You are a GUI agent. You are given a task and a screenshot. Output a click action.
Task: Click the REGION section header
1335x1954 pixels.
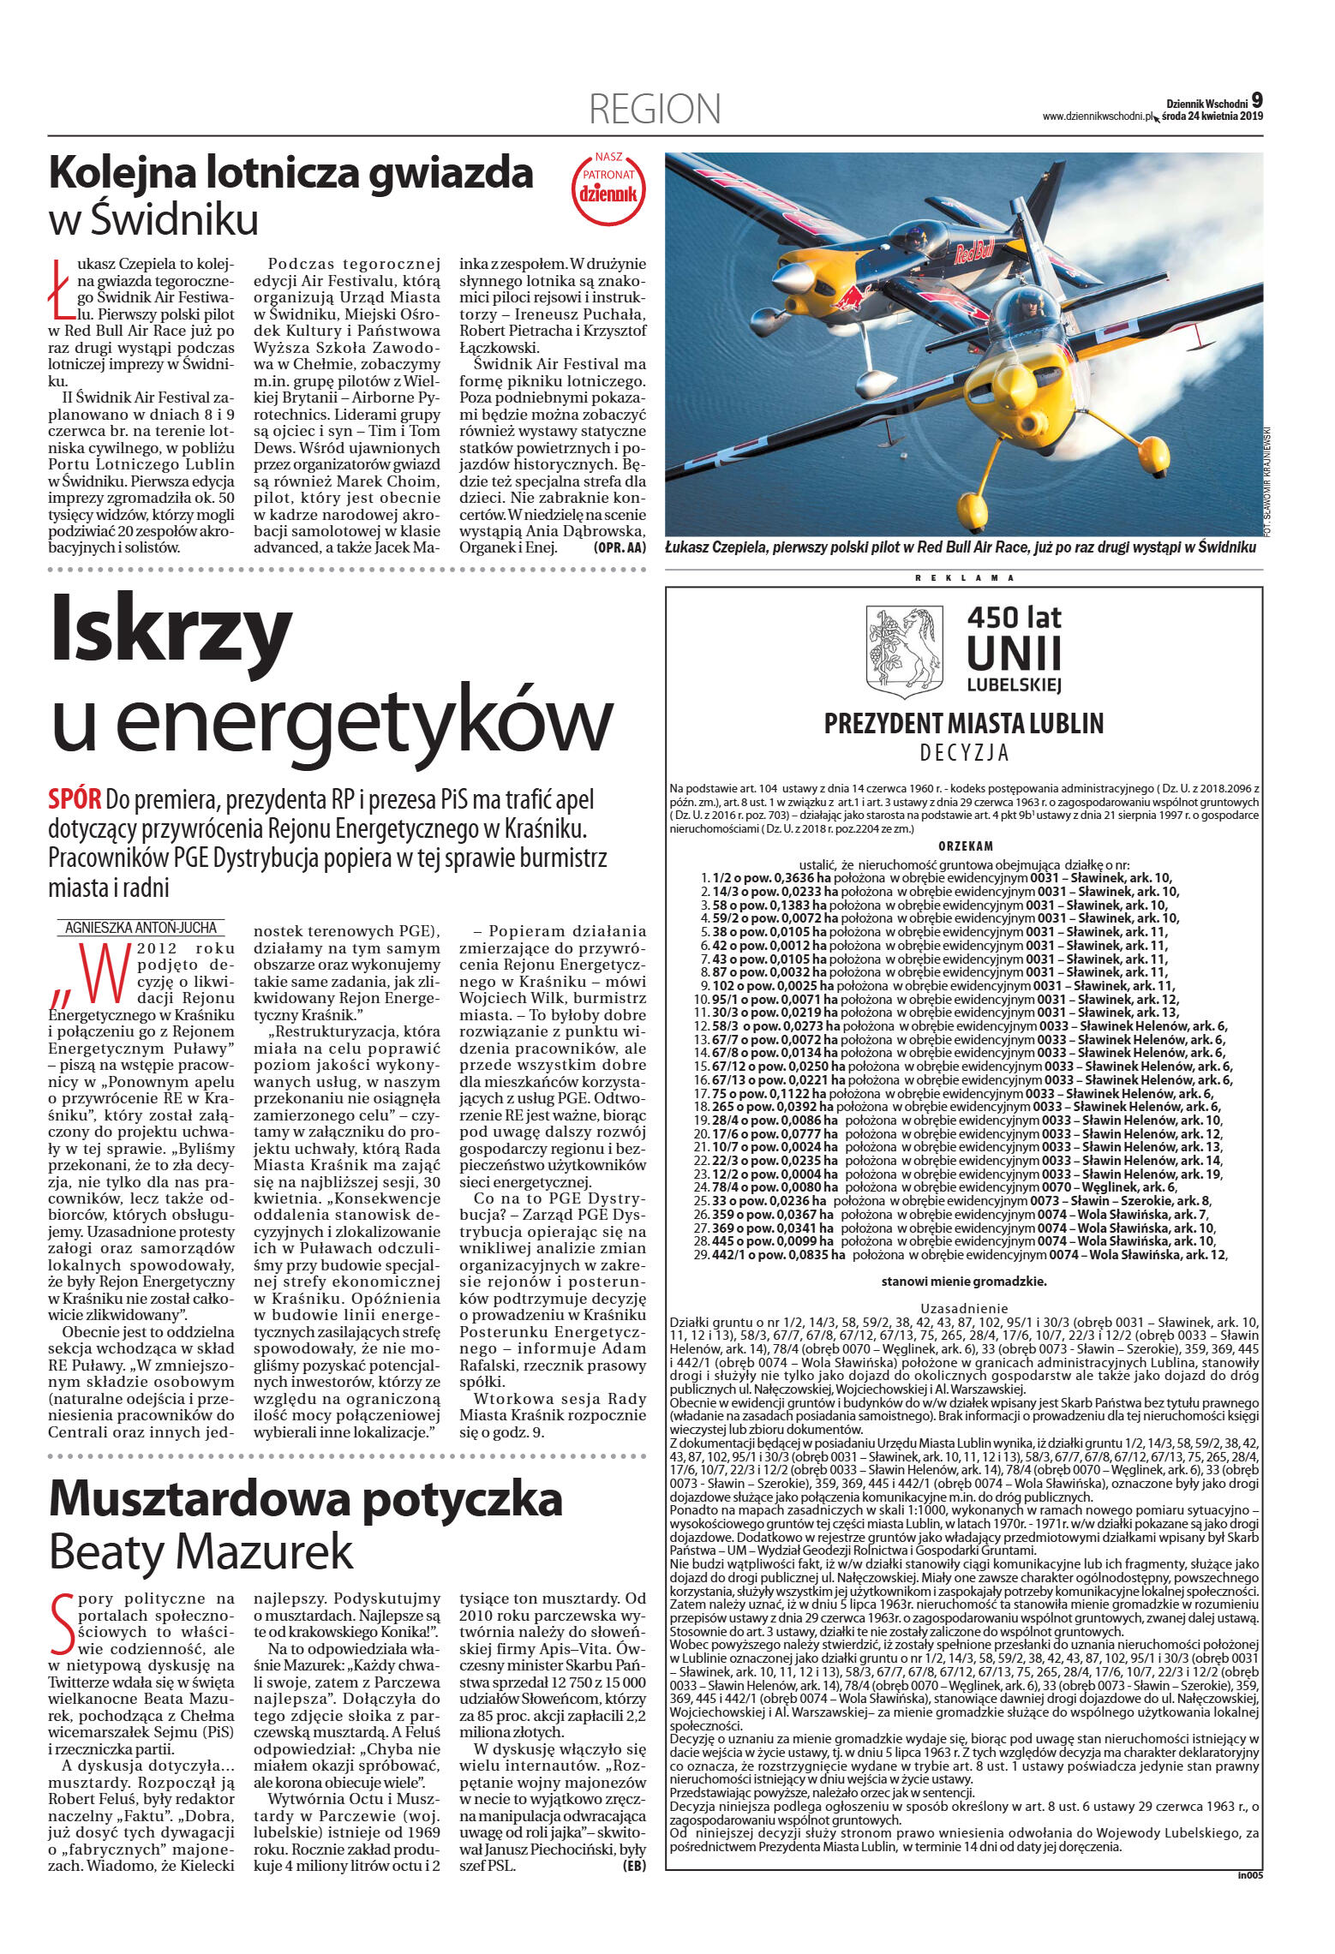(655, 110)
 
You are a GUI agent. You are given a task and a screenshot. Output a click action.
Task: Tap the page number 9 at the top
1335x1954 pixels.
(1256, 100)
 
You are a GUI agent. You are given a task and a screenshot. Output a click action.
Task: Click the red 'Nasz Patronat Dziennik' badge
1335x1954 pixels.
(608, 188)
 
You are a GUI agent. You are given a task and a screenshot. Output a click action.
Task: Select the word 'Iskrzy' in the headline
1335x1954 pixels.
(171, 630)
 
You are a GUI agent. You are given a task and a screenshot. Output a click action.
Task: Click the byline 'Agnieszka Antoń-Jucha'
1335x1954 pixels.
(142, 927)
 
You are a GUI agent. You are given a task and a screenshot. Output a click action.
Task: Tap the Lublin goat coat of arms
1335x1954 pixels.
(904, 652)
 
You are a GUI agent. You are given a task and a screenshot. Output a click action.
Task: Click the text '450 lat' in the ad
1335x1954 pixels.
(1014, 617)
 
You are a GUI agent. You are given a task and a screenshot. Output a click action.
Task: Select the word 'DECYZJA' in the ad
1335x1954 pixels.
(964, 754)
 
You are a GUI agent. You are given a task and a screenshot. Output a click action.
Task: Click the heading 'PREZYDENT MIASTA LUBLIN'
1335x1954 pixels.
(964, 724)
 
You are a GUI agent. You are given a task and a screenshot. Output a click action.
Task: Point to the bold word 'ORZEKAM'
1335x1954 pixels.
(965, 846)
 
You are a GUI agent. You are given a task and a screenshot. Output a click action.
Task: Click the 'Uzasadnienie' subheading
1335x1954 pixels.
(964, 1308)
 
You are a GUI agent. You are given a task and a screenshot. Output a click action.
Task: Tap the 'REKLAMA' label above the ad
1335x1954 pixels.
(964, 578)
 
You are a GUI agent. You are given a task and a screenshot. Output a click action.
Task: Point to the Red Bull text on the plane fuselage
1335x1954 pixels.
(975, 252)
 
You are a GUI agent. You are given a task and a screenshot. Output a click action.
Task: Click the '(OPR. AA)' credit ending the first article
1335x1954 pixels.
(619, 547)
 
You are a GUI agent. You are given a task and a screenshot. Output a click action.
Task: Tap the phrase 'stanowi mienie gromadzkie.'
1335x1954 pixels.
(964, 1282)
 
